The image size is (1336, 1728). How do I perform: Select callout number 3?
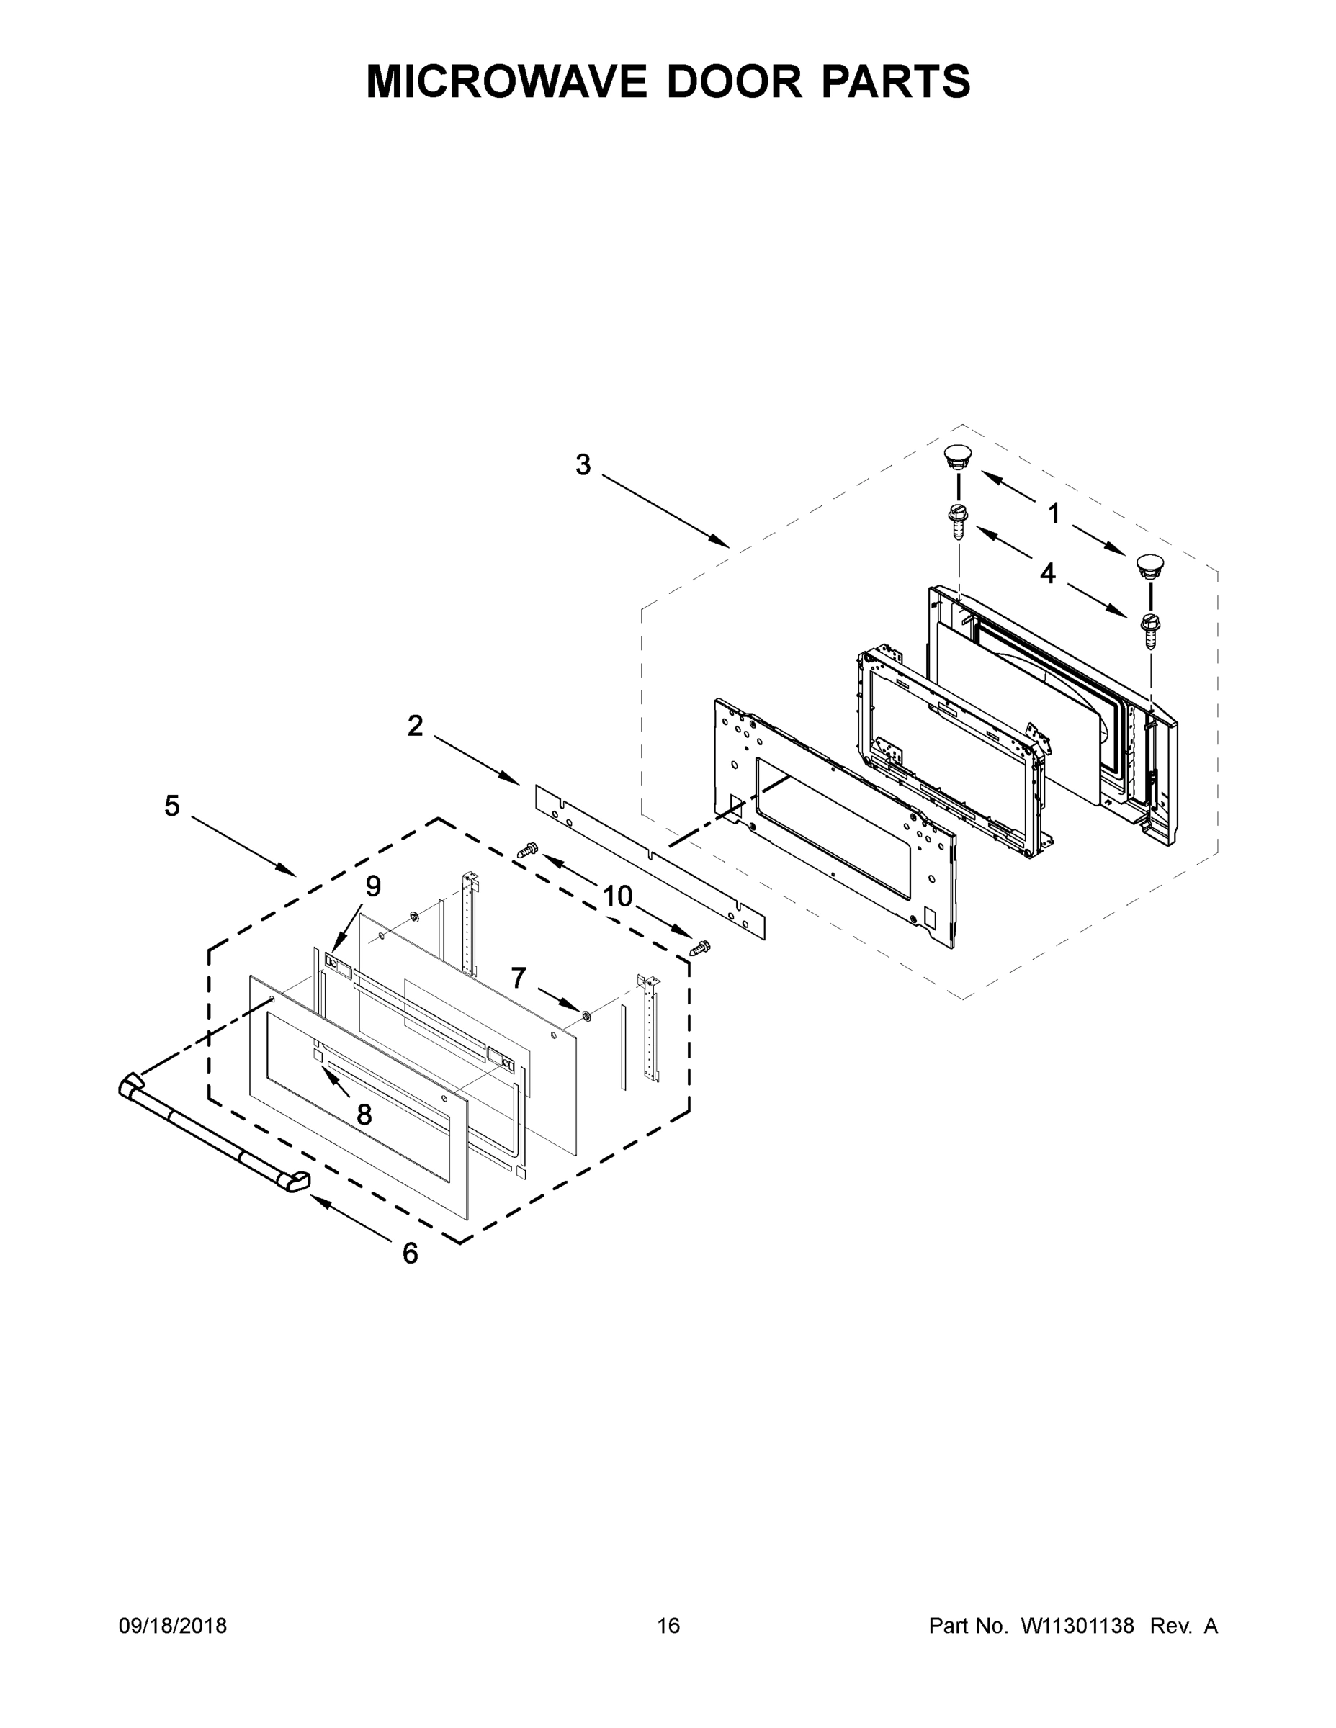(x=583, y=465)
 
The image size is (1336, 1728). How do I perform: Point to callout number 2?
(x=416, y=726)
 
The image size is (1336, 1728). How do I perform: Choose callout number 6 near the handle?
(x=410, y=1254)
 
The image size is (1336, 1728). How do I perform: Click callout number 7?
(x=519, y=978)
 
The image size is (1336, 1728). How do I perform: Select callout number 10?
(x=618, y=896)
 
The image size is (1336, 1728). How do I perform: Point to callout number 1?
(x=1054, y=513)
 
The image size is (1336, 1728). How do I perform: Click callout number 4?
(x=1047, y=574)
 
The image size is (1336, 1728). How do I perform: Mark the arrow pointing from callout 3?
(x=665, y=510)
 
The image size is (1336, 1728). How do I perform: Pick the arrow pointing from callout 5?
(x=243, y=846)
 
